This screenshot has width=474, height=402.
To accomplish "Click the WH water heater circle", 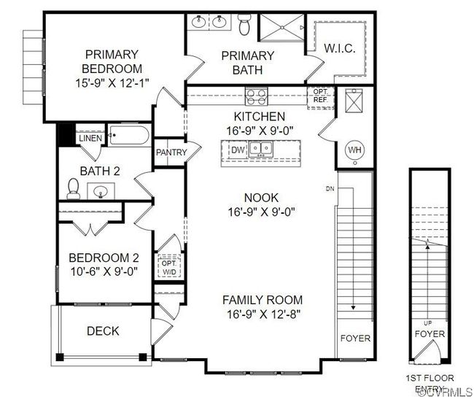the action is coord(355,150).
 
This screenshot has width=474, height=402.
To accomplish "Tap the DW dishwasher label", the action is coord(238,150).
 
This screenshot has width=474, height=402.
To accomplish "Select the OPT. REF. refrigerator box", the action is coord(321,98).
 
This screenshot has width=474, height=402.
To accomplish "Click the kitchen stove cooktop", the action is coord(257,96).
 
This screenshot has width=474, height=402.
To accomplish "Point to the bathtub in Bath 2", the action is coord(129,135).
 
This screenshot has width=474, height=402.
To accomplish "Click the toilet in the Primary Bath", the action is coord(244,24).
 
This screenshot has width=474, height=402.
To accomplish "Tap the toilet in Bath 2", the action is coord(74,189).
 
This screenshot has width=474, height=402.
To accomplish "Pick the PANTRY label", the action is coord(171,152).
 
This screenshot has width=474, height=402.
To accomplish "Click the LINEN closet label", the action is coord(90,138).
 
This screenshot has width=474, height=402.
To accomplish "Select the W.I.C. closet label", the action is coord(340,48).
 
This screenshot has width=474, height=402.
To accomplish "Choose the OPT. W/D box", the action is coord(169,267).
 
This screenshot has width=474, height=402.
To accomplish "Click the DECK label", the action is coord(103,331).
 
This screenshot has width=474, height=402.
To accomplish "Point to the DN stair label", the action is coord(330,189).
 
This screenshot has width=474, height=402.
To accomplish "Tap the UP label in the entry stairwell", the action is coord(428,323).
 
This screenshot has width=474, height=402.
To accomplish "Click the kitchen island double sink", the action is coord(261,149).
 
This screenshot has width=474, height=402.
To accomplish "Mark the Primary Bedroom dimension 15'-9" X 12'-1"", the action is coord(112,83).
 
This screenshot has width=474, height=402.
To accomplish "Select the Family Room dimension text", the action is coord(263,314).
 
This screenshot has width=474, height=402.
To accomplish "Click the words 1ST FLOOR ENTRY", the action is coord(430,383).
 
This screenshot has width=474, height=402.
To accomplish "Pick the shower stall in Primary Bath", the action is coord(282,27).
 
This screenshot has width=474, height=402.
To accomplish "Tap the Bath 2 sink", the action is coord(101,191).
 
